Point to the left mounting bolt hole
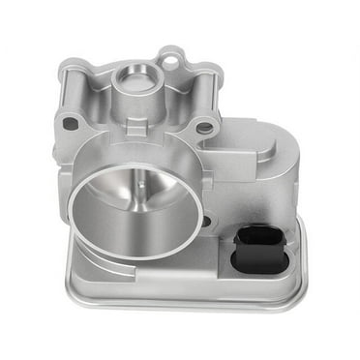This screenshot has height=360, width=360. (x=71, y=124)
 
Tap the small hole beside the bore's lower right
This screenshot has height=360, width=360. (x=205, y=221)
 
